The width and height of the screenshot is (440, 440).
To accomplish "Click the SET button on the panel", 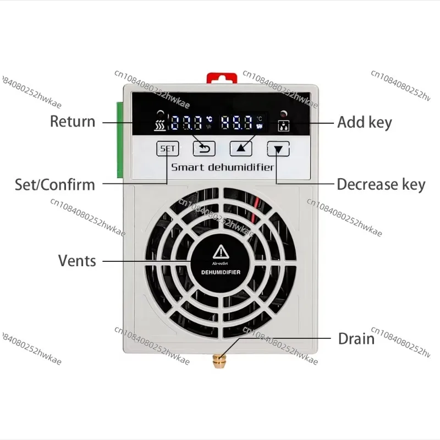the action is pos(168,148).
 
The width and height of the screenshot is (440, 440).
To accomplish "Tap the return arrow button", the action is pos(204,148).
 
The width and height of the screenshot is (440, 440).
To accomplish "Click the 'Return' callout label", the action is pos(73,122).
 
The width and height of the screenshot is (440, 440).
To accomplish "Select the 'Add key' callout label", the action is pos(364,122).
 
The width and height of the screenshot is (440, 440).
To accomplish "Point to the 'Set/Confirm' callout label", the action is pos(54,184).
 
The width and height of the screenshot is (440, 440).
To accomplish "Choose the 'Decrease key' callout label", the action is pos(381,184).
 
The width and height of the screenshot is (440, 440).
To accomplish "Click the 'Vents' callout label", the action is pos(77,260).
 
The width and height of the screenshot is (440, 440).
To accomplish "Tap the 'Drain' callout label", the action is pos(356,338).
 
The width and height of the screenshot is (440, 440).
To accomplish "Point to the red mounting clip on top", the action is pos(223,78).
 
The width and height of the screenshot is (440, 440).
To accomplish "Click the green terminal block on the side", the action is pos(120,140).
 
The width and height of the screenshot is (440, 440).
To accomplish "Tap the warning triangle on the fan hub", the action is pos(221,252).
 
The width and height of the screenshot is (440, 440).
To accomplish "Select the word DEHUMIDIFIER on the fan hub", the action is pos(221,272).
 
